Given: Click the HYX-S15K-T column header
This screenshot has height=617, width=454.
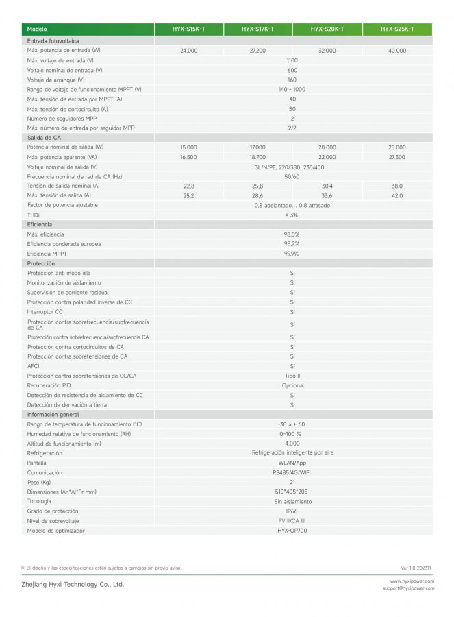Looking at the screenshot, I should click(x=188, y=29).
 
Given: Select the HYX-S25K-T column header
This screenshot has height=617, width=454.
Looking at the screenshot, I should click(x=397, y=29).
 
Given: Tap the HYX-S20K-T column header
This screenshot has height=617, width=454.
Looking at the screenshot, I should click(x=327, y=29).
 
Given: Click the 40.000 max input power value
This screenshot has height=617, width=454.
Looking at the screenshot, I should click(x=397, y=51).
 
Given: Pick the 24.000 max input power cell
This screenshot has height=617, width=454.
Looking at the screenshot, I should click(x=188, y=51).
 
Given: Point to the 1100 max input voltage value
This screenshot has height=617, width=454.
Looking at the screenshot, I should click(x=292, y=60).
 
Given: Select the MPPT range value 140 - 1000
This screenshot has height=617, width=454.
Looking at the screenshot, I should click(x=292, y=89).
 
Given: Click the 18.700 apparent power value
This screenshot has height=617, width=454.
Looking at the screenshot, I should click(x=257, y=157).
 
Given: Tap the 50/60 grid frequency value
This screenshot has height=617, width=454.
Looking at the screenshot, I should click(x=292, y=176).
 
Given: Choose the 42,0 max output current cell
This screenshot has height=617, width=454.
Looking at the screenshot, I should click(x=397, y=195).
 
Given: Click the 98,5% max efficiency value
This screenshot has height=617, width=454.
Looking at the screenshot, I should click(x=292, y=234).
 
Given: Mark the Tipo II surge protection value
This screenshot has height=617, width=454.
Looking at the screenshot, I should click(x=292, y=376).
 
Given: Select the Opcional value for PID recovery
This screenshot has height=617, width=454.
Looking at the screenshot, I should click(x=292, y=385).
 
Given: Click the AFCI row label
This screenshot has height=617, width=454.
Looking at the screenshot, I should click(x=34, y=366).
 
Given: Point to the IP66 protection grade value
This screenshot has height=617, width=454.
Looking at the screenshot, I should click(x=292, y=511).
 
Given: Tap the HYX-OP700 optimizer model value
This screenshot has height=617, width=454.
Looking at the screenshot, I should click(x=292, y=530).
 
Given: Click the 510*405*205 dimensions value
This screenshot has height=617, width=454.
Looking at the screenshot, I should click(x=292, y=492).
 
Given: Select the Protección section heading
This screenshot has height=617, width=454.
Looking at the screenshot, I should click(x=41, y=263).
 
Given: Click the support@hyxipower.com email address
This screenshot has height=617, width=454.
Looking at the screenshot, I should click(x=408, y=588).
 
